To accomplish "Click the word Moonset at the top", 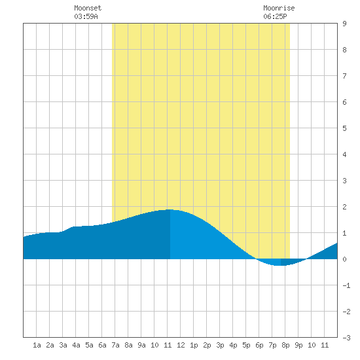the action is click(88, 8).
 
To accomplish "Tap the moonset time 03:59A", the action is click(86, 16).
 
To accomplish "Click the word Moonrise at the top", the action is click(279, 8).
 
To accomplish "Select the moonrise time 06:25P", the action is click(275, 16).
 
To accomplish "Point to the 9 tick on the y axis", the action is click(344, 24).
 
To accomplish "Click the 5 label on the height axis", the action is click(344, 128).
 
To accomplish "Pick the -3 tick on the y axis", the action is click(346, 338).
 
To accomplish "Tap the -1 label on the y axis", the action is click(346, 285).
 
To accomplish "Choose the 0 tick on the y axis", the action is click(344, 259).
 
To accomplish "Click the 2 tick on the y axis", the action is click(344, 207).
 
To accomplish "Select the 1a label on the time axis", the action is click(37, 345).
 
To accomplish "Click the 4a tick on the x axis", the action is click(76, 345).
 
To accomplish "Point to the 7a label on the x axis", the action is click(115, 345).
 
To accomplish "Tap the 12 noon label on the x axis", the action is click(181, 345).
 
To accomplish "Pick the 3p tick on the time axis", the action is click(220, 345).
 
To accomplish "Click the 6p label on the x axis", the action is click(259, 345).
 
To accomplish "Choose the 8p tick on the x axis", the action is click(285, 345).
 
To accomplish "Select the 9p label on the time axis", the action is click(298, 345).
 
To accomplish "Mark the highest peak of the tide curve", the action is click(170, 209).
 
